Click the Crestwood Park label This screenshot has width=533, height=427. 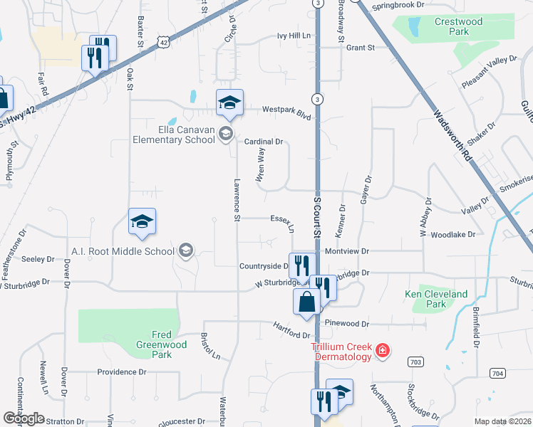[458, 27]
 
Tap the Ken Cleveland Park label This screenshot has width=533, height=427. [436, 299]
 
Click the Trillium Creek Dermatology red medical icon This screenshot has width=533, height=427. [383, 350]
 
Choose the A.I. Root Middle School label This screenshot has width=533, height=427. [123, 251]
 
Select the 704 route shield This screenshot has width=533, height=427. [497, 373]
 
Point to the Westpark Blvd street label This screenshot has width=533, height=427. [287, 110]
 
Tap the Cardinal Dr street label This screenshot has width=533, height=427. [264, 142]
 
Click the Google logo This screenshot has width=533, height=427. [24, 418]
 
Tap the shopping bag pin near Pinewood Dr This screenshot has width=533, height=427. [306, 302]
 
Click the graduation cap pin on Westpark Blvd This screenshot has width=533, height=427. [229, 103]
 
